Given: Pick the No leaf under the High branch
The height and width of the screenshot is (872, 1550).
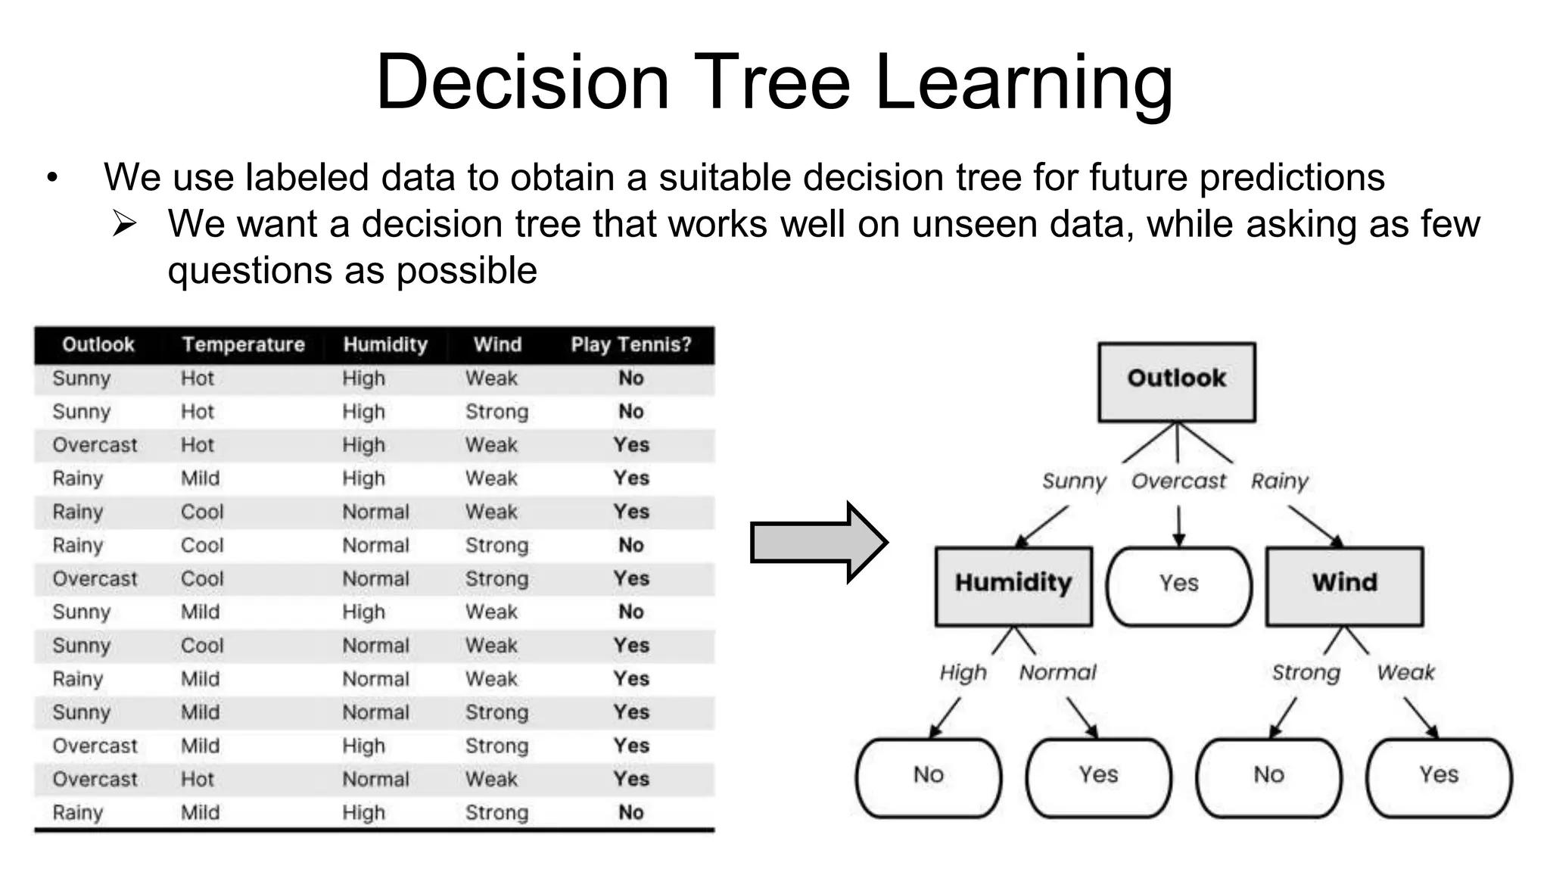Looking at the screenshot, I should (x=928, y=777).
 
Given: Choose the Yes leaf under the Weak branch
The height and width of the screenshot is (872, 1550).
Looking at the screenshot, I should (x=1438, y=777).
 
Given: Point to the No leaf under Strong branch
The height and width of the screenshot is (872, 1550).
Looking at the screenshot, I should (x=1268, y=777).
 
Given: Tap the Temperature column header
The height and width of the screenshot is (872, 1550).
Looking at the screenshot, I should (x=243, y=345).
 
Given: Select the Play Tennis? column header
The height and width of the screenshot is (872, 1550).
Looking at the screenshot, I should (x=630, y=345).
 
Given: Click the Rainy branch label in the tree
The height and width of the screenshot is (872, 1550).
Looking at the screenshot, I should (x=1279, y=481).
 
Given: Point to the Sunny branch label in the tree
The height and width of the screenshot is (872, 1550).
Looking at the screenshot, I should (x=1074, y=481).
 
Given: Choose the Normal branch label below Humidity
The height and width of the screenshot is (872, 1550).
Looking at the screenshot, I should (x=1057, y=673).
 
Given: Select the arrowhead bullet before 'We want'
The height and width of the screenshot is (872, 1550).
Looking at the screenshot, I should (x=124, y=224).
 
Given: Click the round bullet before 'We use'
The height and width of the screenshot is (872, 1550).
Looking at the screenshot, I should (x=52, y=179).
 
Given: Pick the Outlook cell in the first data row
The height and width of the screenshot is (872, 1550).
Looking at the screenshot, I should (x=82, y=378).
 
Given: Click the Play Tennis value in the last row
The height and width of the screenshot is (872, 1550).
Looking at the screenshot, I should (x=630, y=813).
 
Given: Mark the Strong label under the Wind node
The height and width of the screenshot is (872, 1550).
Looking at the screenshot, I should (x=1306, y=673).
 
